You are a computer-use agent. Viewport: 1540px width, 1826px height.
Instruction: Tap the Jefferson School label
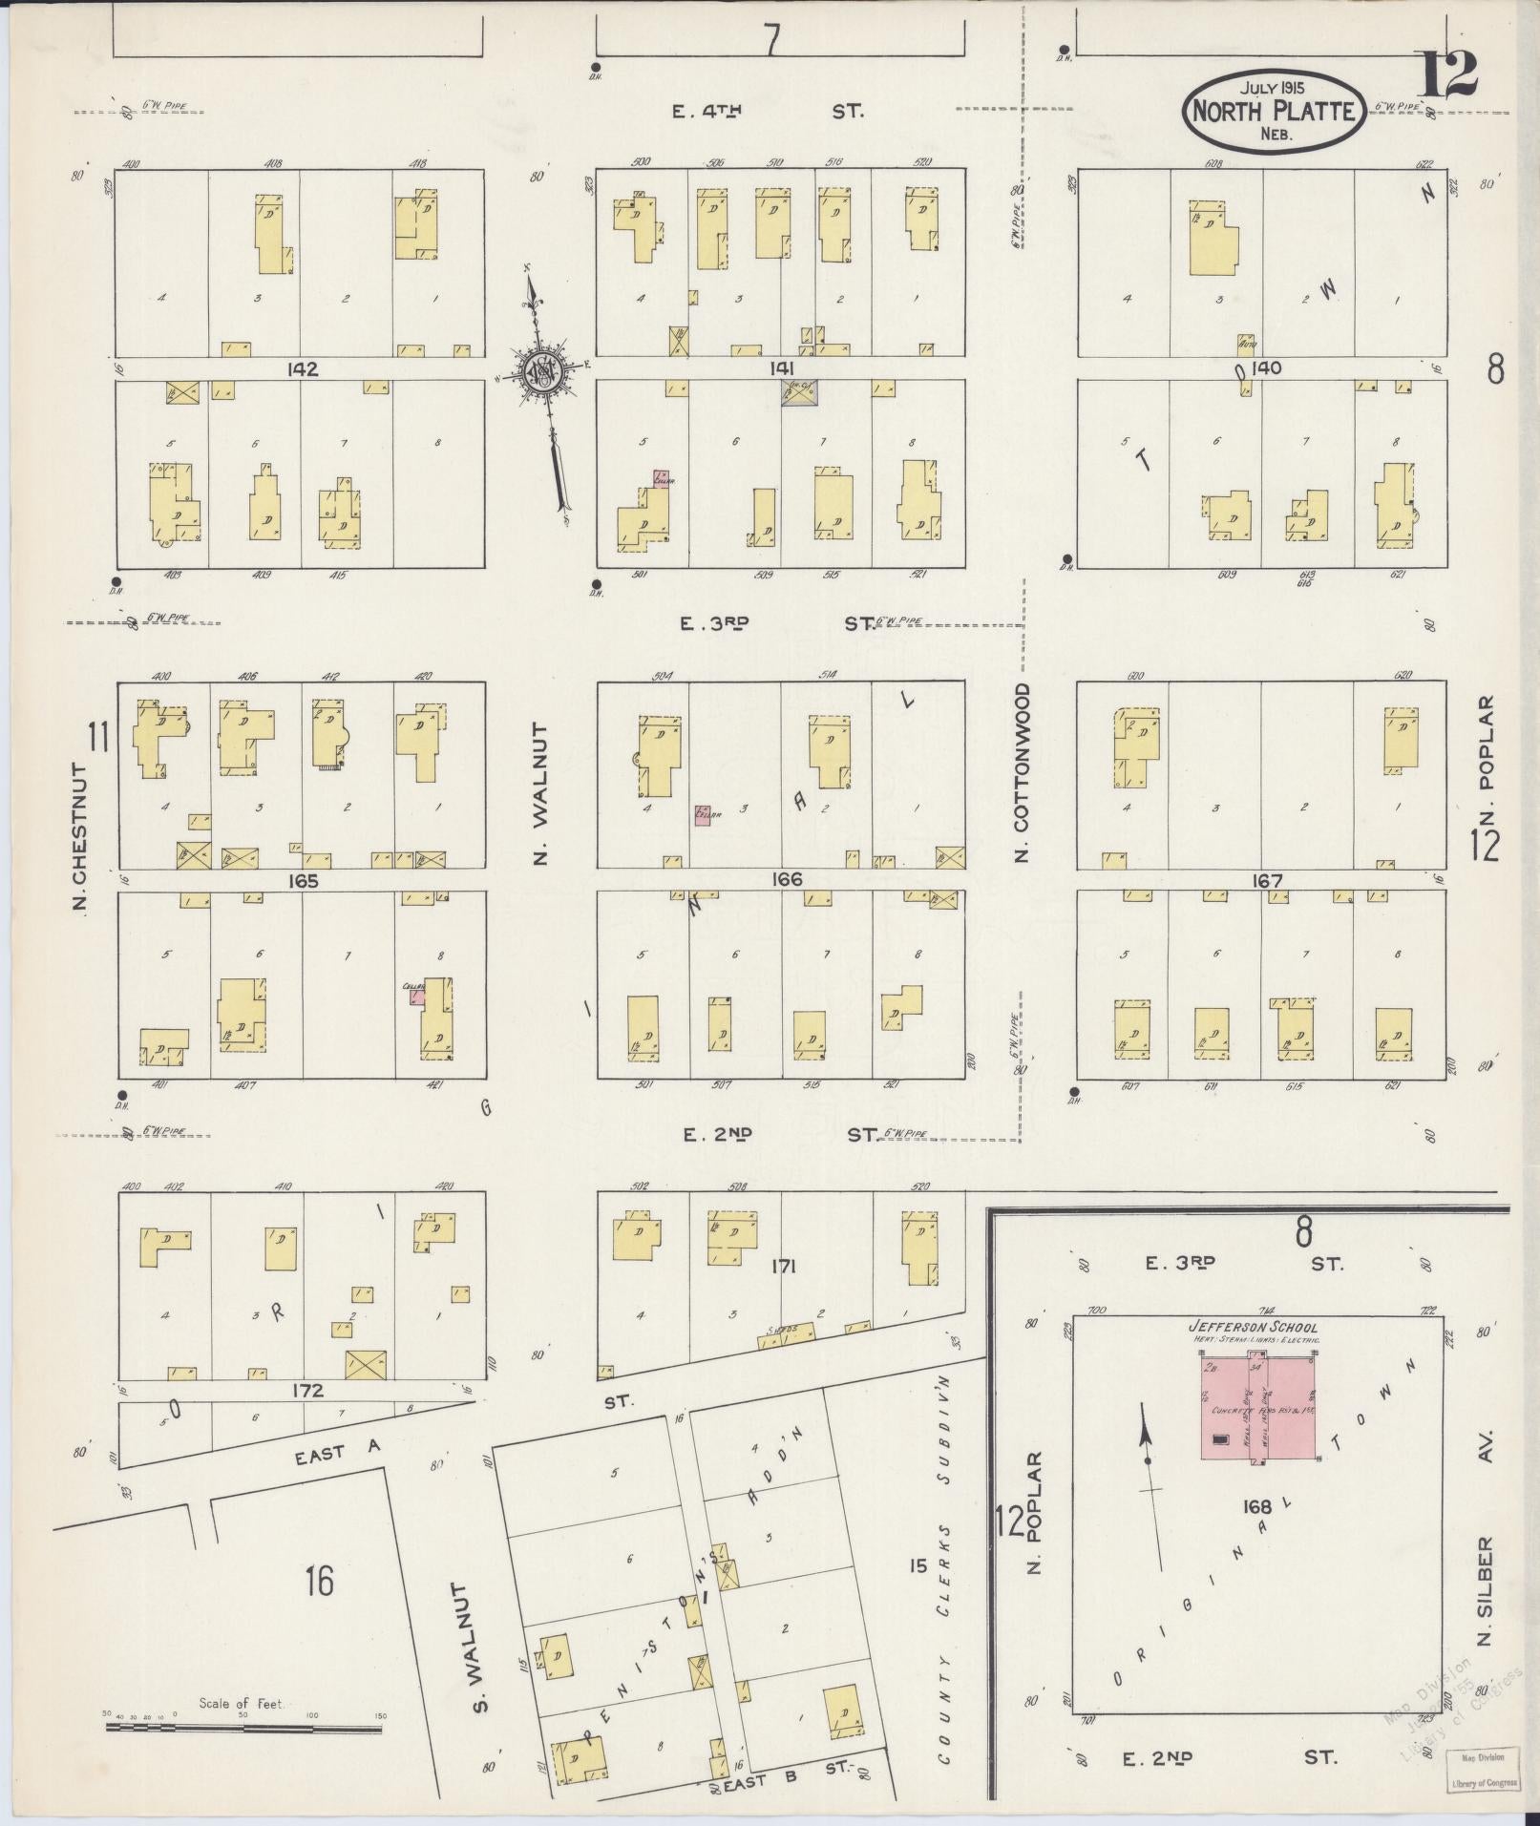point(1253,1327)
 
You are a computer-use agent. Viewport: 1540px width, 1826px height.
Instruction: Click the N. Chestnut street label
point(81,836)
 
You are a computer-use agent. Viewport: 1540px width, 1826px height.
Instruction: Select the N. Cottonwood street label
point(1023,771)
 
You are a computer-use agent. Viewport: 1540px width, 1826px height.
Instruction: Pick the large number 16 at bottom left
point(320,1582)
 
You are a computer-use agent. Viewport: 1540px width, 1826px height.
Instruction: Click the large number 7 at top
point(771,40)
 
